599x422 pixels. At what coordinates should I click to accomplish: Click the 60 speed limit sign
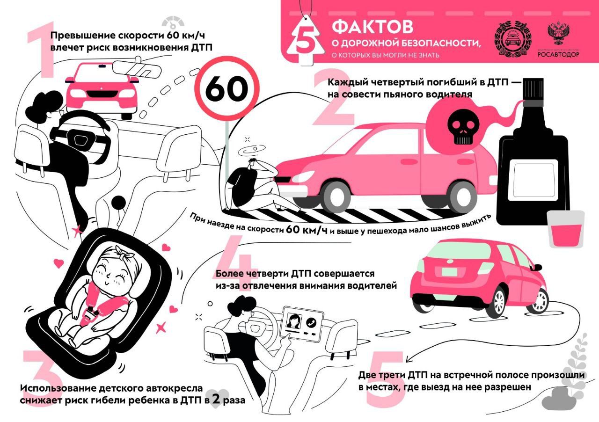[226, 88]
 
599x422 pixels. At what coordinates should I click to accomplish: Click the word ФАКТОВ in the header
[373, 27]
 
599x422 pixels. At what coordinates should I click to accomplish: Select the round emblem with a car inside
[512, 38]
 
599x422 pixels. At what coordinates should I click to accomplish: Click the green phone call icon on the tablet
[311, 322]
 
